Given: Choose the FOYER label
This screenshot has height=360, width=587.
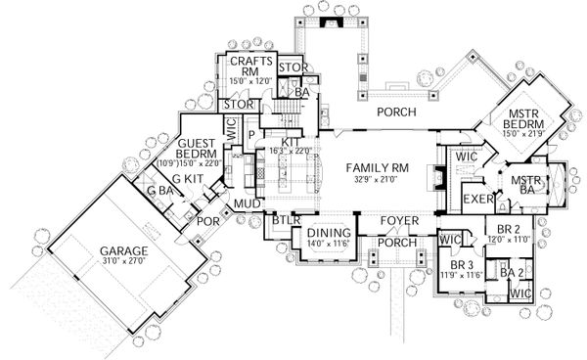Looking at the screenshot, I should pos(399,222).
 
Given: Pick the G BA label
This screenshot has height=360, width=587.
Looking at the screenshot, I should pos(159,193).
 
